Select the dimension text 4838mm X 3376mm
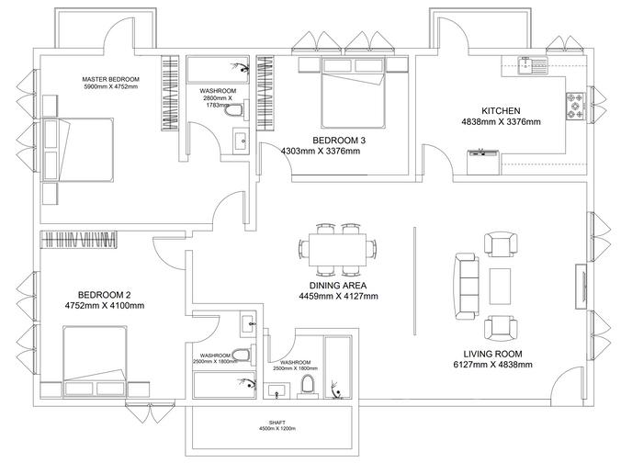pos(502,121)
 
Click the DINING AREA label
pos(338,286)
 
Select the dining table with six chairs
pos(337,249)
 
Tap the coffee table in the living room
pos(502,286)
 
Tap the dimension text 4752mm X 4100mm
pos(104,306)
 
